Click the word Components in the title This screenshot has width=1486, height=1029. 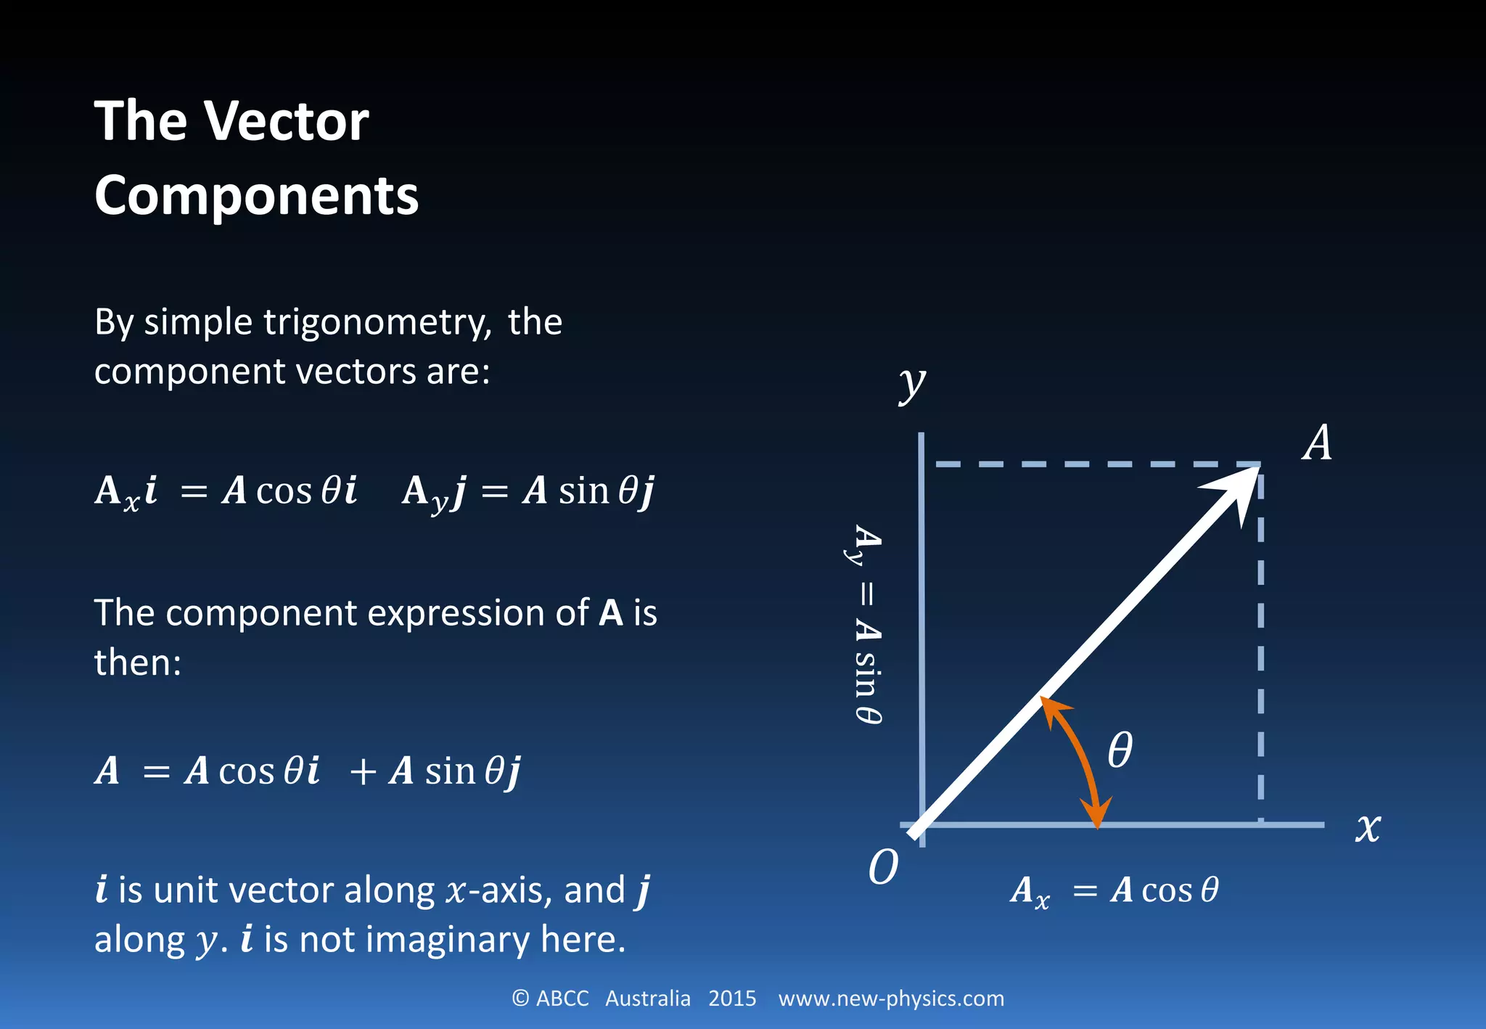coord(256,196)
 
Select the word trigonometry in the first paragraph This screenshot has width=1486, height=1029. coord(377,322)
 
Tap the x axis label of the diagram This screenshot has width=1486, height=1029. coord(1368,827)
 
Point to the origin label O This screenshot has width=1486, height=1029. coord(883,866)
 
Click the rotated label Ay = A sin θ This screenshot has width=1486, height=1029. coord(867,624)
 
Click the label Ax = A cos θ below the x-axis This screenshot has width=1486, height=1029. coord(1114,890)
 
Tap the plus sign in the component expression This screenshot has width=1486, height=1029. coord(363,771)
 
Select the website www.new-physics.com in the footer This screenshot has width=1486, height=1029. coord(891,999)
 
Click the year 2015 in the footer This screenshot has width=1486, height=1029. coord(732,999)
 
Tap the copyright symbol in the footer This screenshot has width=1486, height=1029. coord(520,999)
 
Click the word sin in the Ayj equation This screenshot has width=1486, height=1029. coord(583,491)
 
